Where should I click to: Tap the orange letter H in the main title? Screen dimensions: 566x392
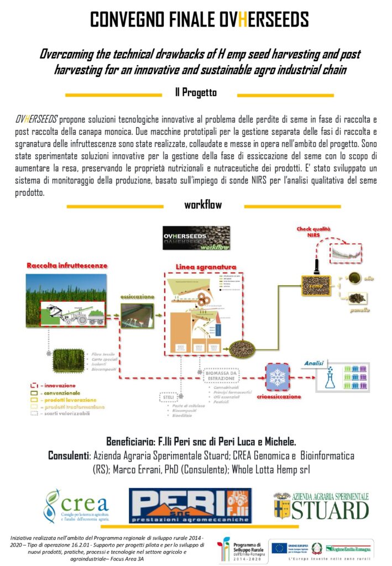click(227, 20)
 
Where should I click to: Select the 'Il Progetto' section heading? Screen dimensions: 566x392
click(200, 94)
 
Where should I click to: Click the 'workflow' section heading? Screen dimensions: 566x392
click(203, 205)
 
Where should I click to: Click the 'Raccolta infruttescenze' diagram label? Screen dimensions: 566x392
click(67, 266)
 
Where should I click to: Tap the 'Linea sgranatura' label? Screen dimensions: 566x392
click(206, 267)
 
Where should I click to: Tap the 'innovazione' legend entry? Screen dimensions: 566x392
click(50, 385)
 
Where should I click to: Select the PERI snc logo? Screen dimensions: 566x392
click(190, 505)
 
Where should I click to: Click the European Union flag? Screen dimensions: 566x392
click(279, 548)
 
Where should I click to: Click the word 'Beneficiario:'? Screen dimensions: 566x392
click(135, 442)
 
